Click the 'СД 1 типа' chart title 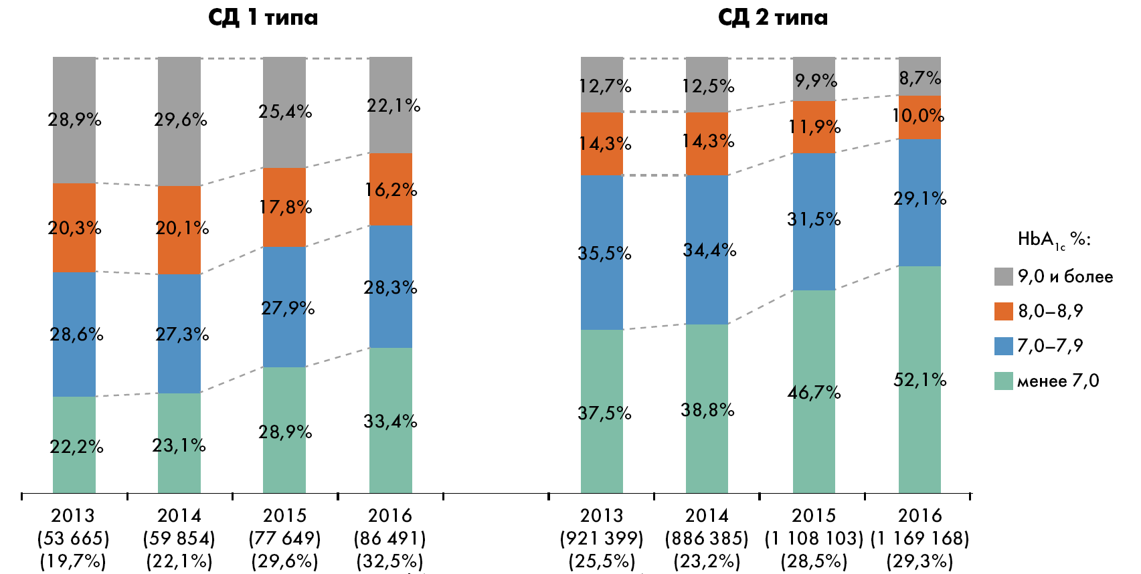263,17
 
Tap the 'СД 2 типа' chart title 772,17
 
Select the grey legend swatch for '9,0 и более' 1003,276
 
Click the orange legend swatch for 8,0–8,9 1003,311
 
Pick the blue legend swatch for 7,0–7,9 1003,346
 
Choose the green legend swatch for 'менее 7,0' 1003,381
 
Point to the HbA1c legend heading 1053,240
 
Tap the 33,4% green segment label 390,421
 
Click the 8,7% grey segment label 919,78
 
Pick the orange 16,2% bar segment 391,190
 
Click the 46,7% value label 814,392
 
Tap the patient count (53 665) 73,539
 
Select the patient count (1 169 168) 919,539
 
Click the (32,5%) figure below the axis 390,561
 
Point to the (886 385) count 707,539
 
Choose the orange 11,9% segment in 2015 814,127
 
